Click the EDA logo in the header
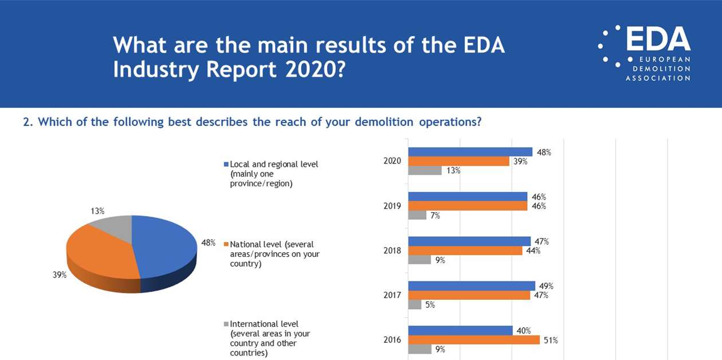[644, 53]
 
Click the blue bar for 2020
[470, 152]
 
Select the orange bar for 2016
[474, 340]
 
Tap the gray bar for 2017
[414, 305]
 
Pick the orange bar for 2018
[465, 251]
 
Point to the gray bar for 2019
[417, 216]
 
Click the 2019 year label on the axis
[393, 206]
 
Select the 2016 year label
[393, 340]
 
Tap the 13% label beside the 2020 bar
[454, 170]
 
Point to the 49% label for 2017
[546, 285]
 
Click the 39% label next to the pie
[60, 275]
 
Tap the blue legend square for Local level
[226, 165]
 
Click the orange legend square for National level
[226, 245]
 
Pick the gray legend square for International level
[226, 324]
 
